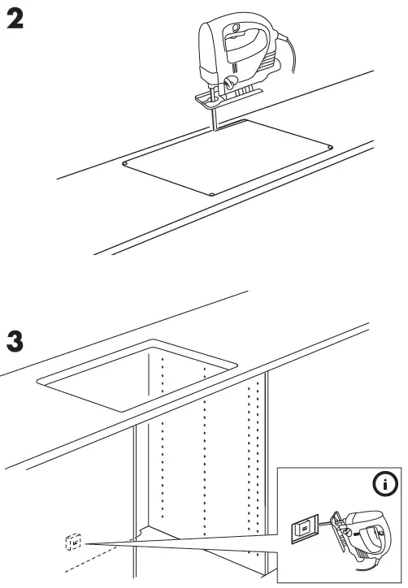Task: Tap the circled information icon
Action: pos(384,486)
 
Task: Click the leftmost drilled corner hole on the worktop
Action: pos(125,163)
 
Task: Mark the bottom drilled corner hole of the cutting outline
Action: pos(211,194)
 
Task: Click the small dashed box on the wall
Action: pos(73,541)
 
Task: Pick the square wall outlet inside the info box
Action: pos(303,529)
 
